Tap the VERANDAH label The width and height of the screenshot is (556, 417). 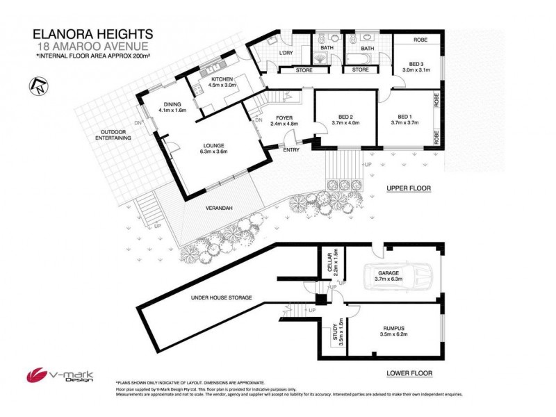218,207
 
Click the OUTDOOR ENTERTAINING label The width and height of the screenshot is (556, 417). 115,134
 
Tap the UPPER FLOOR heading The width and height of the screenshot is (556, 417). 409,188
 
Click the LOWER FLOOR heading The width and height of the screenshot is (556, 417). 409,373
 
